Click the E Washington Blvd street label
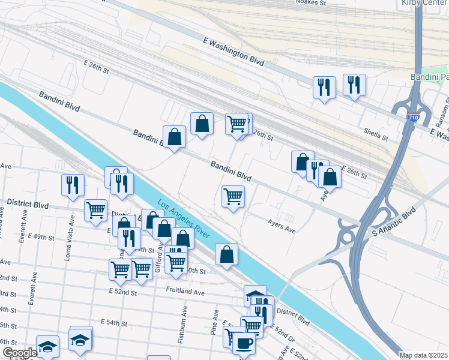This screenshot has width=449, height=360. [x=234, y=50]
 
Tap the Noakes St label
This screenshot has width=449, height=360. [x=311, y=3]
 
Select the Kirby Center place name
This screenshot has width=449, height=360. [x=424, y=3]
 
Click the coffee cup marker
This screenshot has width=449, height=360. [x=244, y=344]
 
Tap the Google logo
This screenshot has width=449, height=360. [x=19, y=353]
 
